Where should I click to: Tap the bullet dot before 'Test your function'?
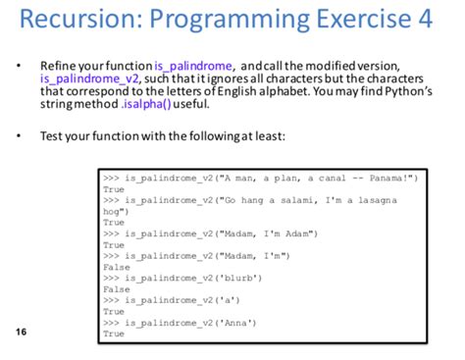(18, 135)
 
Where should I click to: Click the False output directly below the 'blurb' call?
(116, 289)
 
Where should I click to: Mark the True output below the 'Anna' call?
(114, 334)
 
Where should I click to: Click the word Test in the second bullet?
(51, 135)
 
